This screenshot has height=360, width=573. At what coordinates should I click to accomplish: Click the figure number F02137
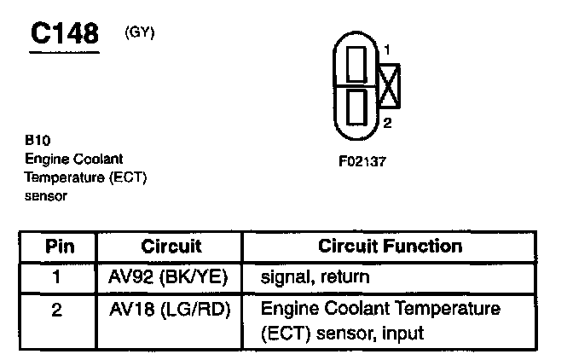point(362,160)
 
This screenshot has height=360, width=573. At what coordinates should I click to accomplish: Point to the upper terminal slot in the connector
point(358,62)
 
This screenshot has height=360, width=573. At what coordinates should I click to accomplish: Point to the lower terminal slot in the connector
point(358,107)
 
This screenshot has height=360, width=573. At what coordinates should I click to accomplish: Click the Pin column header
point(59,247)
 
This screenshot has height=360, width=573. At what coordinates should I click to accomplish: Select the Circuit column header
point(171,247)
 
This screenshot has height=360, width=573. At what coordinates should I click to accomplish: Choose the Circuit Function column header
point(390,247)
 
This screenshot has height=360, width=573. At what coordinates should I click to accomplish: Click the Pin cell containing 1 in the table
point(57,277)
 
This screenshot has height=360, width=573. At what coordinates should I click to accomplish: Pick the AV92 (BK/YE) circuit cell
point(170,277)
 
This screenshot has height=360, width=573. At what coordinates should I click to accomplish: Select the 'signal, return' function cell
point(316,277)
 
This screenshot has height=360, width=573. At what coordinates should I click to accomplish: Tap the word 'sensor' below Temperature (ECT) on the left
point(46,196)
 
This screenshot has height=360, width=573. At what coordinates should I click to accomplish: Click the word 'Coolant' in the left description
point(97,160)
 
